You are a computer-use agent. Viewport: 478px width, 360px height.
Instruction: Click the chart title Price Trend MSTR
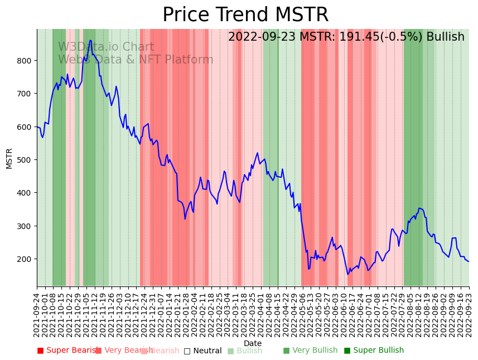245,15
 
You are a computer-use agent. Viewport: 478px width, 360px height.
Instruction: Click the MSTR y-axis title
9,158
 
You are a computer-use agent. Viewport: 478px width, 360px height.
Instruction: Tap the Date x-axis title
253,344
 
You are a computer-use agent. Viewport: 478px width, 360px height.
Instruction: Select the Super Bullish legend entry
374,351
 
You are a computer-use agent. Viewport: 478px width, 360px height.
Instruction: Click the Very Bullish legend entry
310,351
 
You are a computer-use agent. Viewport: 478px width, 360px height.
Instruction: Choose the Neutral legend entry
203,351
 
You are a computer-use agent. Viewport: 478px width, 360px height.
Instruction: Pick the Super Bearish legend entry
68,351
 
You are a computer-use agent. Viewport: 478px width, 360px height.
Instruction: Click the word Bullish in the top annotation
445,37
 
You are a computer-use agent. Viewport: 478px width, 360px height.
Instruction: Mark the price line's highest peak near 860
90,40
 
